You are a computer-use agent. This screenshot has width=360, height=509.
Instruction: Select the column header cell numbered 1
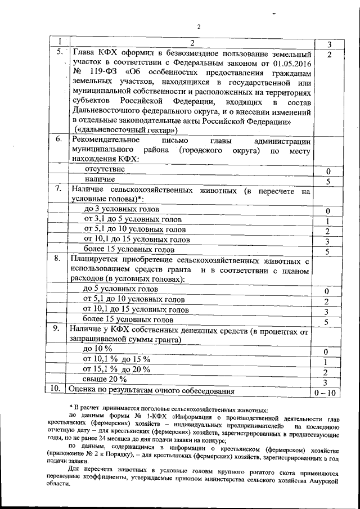coord(58,43)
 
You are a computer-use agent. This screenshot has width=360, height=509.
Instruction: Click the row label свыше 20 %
coord(105,380)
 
